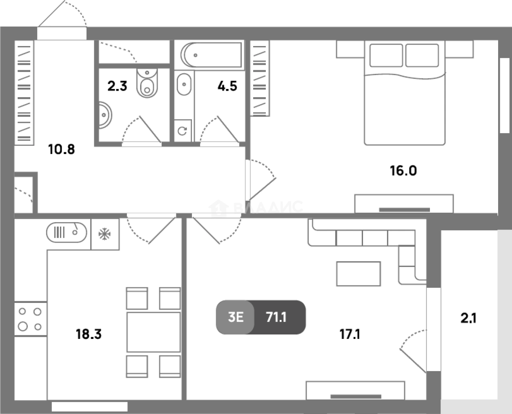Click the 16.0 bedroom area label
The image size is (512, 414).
(403, 171)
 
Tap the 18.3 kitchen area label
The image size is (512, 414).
(89, 334)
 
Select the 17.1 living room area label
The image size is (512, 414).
(350, 334)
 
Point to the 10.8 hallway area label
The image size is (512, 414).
(62, 149)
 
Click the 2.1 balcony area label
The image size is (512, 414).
(468, 318)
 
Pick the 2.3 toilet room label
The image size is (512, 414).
(117, 86)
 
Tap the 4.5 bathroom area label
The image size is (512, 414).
(227, 86)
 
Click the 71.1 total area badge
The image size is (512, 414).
(276, 317)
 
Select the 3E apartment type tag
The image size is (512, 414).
(236, 317)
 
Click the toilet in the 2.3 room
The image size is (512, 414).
(147, 83)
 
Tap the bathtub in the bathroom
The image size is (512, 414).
(211, 55)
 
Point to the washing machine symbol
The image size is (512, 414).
(183, 131)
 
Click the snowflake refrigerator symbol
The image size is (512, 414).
(105, 234)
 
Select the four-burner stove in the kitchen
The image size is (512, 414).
(31, 319)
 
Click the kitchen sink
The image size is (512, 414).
(67, 232)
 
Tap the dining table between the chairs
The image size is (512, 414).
(154, 332)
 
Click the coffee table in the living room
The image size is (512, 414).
(358, 274)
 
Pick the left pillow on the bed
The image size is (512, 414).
(386, 56)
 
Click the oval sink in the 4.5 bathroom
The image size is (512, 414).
(184, 85)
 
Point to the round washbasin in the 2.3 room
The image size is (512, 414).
(105, 115)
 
